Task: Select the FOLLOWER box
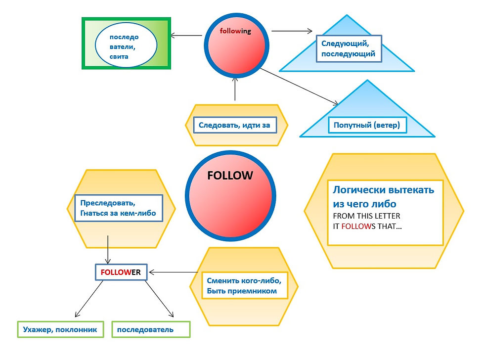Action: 121,272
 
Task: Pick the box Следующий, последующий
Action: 348,48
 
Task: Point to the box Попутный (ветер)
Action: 367,125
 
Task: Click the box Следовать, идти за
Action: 234,125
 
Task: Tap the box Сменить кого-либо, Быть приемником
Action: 245,286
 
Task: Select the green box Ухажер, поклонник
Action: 60,329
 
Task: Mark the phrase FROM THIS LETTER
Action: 366,216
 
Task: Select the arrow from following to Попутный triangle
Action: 299,87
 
